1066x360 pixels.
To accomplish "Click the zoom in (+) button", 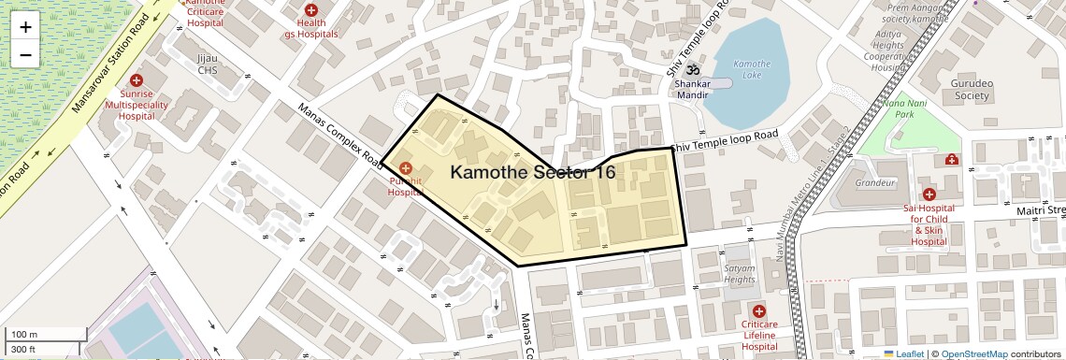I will coord(25,27).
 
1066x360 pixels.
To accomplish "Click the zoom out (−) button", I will coord(25,55).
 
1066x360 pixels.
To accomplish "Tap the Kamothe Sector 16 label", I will coord(533,172).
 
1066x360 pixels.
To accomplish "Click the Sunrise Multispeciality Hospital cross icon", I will coord(137,81).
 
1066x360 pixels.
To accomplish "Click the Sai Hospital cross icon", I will coord(928,194).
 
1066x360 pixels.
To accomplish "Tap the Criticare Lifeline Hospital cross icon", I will coord(758,310).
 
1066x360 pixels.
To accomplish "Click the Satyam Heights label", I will coord(739,273).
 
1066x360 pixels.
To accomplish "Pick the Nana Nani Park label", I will coord(903,108).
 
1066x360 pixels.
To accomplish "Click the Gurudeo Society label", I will coord(996,89).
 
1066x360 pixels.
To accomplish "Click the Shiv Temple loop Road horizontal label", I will coord(725,140).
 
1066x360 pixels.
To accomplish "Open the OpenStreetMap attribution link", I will coord(973,353).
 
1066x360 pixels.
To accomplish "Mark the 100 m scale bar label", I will coord(23,334).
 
